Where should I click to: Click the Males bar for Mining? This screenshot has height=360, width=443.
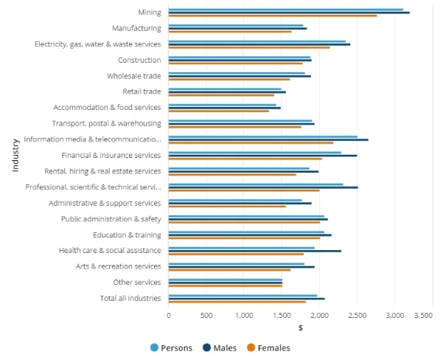click(x=289, y=13)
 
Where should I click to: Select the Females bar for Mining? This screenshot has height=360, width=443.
click(x=273, y=15)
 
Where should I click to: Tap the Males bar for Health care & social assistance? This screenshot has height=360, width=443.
click(x=255, y=251)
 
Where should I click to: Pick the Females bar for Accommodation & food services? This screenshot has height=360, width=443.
click(x=219, y=111)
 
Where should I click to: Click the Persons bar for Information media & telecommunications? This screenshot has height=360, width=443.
click(x=263, y=136)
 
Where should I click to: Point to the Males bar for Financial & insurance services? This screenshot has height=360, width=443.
click(x=262, y=156)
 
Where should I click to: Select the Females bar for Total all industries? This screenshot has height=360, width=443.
click(x=237, y=302)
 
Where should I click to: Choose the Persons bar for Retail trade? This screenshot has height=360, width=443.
click(x=225, y=89)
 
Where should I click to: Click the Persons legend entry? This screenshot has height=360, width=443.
click(x=171, y=347)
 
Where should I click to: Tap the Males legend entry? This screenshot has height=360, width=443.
click(x=220, y=347)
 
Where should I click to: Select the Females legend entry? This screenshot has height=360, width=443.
click(x=268, y=347)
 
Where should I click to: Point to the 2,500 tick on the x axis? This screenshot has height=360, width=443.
click(x=357, y=315)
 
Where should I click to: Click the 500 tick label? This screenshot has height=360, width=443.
click(x=206, y=315)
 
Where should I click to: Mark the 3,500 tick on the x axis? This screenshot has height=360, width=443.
click(x=424, y=315)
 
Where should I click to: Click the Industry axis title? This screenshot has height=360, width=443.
click(x=15, y=155)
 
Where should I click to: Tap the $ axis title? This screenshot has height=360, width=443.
click(x=301, y=328)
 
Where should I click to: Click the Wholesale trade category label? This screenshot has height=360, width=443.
click(x=133, y=76)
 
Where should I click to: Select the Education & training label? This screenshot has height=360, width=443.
click(x=127, y=235)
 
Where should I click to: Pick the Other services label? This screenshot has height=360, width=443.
click(x=137, y=283)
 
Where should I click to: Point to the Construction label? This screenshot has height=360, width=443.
click(x=139, y=60)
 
